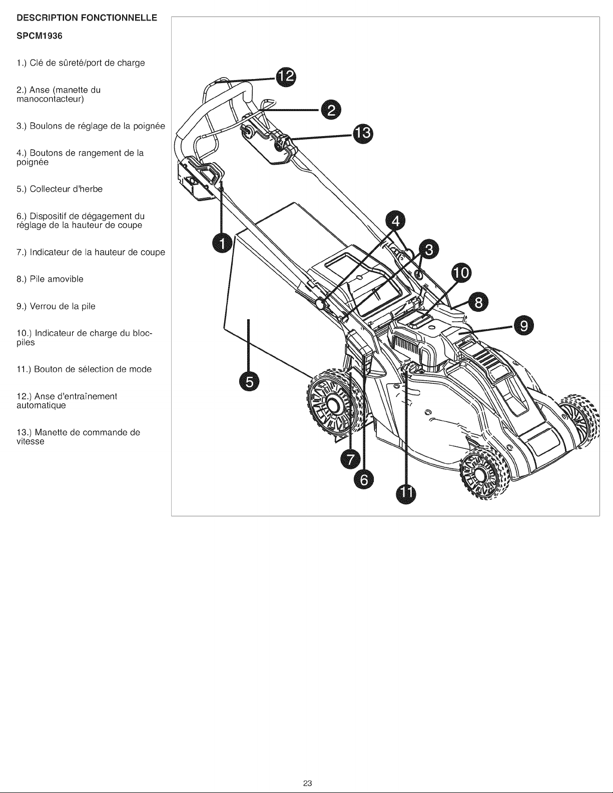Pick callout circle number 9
tap(523, 326)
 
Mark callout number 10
tap(461, 273)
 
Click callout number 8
tap(479, 302)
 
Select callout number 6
tap(364, 480)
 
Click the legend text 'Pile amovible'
tap(56, 279)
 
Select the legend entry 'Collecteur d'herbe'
tap(59, 189)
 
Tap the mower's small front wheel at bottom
tap(483, 476)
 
